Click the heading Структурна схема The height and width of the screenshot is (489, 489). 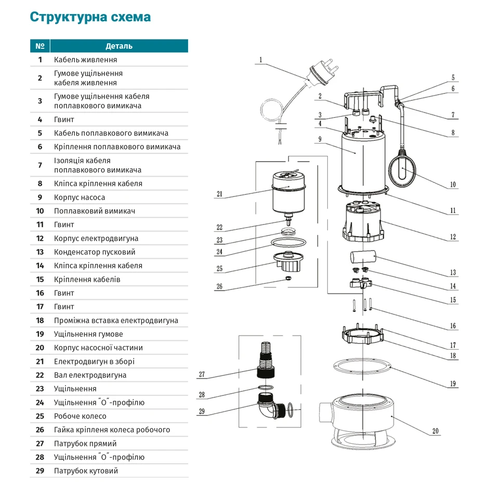click(x=90, y=17)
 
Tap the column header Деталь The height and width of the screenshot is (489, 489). click(x=119, y=46)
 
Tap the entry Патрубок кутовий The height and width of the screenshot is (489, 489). click(x=86, y=471)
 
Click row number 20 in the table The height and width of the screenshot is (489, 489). click(x=40, y=348)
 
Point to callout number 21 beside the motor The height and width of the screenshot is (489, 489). click(x=219, y=194)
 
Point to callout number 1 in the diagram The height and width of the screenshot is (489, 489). click(x=260, y=59)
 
